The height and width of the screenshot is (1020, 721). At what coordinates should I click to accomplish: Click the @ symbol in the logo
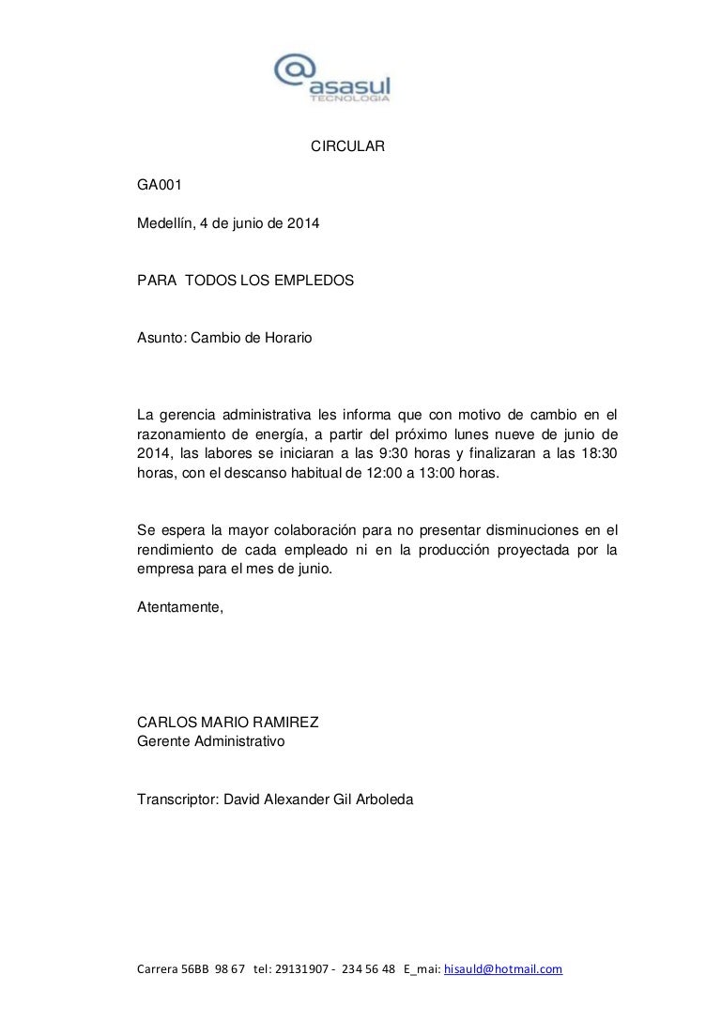(294, 72)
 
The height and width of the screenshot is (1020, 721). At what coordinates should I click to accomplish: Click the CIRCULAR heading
(348, 147)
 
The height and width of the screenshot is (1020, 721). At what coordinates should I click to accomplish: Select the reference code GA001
(157, 186)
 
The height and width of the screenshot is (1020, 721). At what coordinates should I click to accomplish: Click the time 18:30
(598, 454)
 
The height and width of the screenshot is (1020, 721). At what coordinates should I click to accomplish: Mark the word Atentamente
(180, 606)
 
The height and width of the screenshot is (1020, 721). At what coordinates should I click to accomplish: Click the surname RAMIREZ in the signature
(285, 723)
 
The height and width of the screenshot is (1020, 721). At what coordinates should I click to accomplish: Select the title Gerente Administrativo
(211, 741)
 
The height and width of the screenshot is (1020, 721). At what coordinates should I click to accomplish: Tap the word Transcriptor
(177, 799)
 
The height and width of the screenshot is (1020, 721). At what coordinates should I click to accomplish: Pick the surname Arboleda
(383, 799)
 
